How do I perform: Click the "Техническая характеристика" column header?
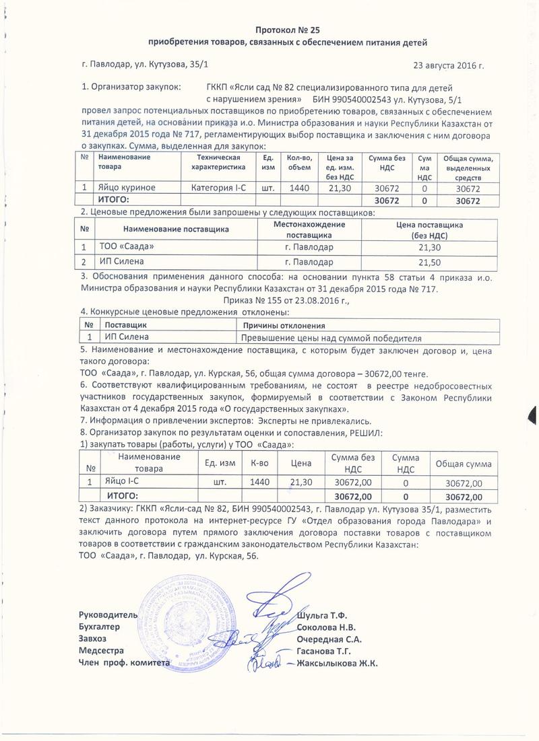[220, 162]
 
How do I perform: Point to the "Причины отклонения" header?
[276, 325]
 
